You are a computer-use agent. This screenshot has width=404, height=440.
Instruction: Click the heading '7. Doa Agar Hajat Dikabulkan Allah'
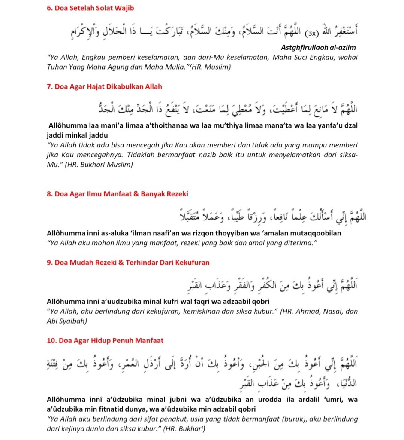[104, 86]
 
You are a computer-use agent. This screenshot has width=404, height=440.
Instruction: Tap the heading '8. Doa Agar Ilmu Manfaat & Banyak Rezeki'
[117, 194]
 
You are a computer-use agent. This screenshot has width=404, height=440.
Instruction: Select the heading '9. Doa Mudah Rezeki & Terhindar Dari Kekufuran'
[128, 262]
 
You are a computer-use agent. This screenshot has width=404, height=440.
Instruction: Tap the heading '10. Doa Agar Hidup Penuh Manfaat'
[105, 341]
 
